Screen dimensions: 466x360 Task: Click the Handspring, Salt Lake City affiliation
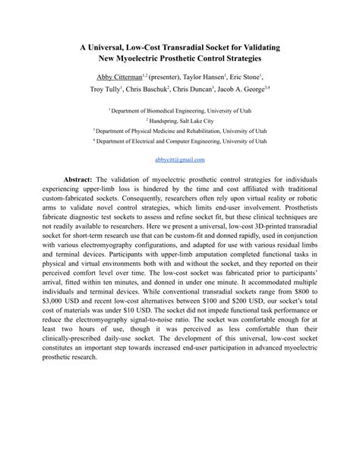coord(180,121)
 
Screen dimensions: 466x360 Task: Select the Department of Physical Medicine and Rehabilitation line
coord(180,131)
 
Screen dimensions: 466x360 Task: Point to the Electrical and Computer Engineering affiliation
coord(180,141)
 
